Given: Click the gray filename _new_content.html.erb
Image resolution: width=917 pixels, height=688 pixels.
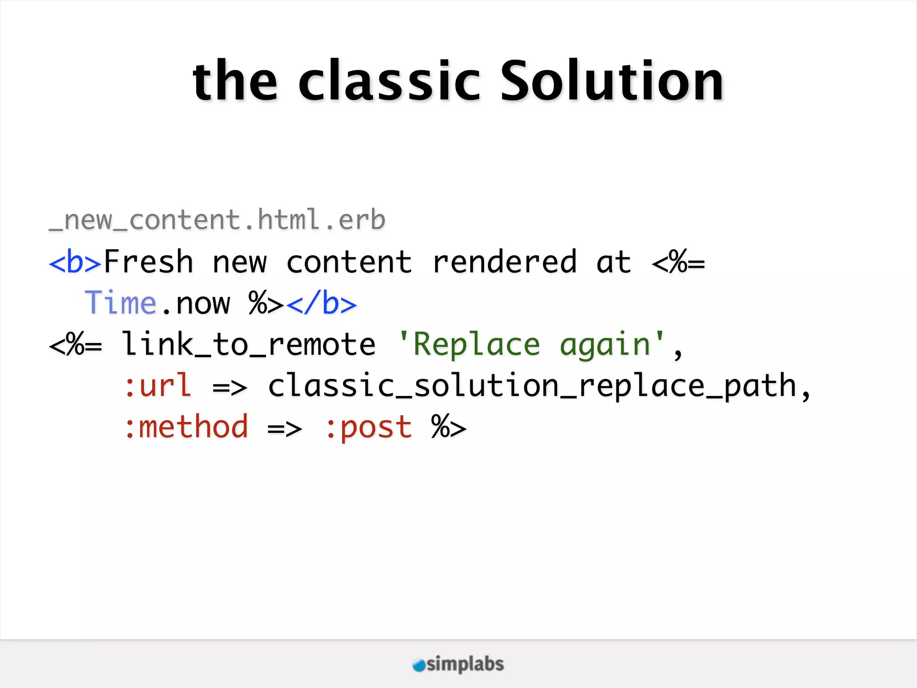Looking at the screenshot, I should [217, 220].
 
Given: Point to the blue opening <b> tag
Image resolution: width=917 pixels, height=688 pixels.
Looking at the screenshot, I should [75, 262].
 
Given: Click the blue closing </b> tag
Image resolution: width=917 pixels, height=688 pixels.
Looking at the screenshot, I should [321, 303].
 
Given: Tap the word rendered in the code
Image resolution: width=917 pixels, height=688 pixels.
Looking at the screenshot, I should [505, 262].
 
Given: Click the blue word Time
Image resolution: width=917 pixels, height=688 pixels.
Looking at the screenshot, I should [120, 303].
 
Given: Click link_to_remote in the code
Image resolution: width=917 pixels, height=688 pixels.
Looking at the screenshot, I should [249, 344].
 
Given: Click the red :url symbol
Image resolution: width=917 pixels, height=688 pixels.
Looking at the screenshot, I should [158, 386].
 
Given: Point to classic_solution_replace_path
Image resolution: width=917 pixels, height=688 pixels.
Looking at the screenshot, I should [532, 386].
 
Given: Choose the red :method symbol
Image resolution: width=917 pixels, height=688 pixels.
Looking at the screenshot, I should [186, 427].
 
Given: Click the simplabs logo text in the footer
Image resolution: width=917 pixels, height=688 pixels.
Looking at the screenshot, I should [465, 664].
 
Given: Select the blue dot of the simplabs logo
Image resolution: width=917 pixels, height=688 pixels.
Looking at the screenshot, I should [419, 665].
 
